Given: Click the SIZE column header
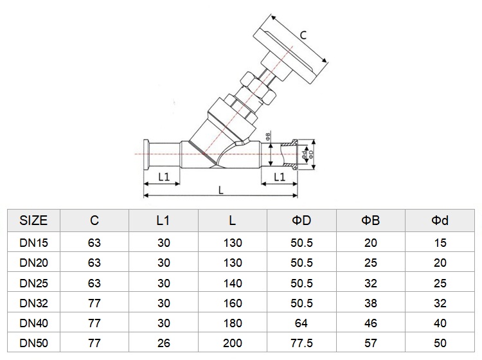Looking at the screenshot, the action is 33,221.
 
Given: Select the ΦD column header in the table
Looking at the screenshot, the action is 301,221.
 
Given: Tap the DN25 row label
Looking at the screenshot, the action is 34,283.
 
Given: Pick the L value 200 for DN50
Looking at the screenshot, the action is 233,343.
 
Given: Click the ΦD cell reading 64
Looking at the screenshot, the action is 301,323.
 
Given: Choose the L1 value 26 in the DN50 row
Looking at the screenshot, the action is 163,343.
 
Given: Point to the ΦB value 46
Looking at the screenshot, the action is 371,323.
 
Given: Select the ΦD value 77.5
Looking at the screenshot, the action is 301,343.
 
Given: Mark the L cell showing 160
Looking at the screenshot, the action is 233,303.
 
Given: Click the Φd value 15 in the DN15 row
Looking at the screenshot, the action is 440,243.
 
